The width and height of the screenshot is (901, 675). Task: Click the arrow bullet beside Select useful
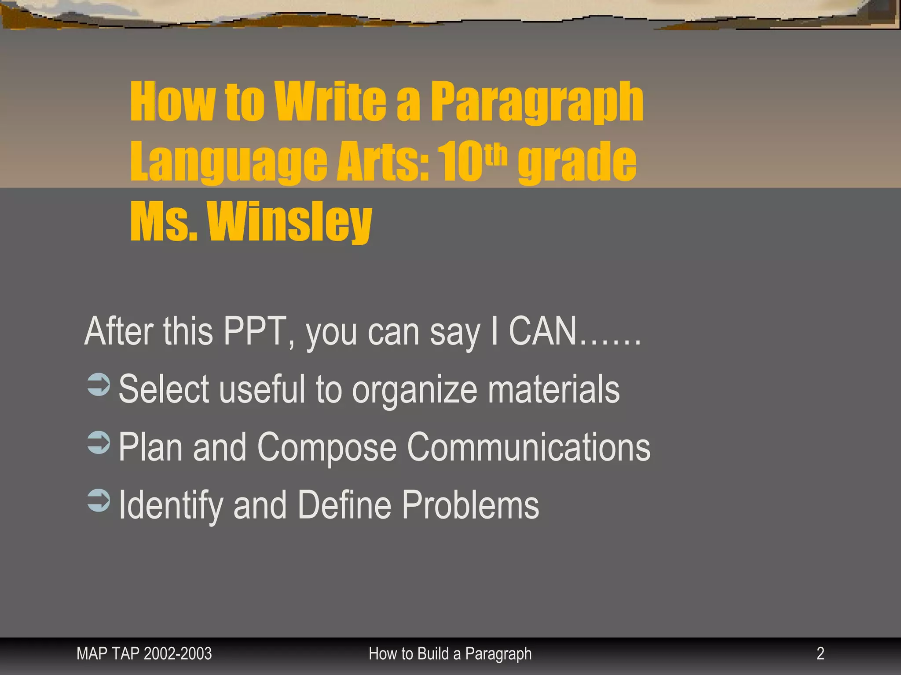click(99, 385)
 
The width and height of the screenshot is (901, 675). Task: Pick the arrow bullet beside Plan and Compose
click(99, 442)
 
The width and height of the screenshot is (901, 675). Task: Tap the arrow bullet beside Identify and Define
click(99, 501)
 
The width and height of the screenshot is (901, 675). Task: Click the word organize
click(414, 390)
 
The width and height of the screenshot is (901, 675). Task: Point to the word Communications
click(528, 447)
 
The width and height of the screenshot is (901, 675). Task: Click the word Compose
click(326, 448)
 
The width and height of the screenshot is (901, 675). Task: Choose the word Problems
click(470, 505)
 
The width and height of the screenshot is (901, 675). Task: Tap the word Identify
click(171, 506)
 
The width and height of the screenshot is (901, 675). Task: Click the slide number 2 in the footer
click(820, 653)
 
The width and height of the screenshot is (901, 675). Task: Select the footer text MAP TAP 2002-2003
click(144, 653)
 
